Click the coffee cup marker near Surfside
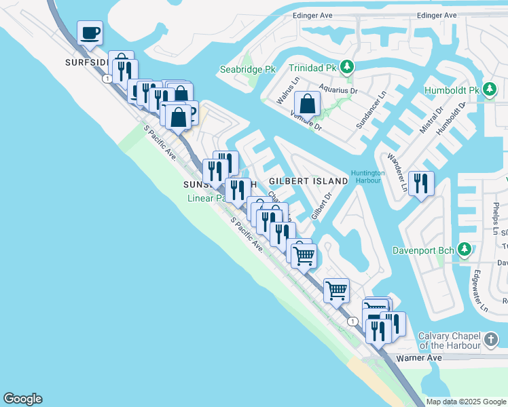[x=90, y=33]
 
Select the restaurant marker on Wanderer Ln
[x=420, y=183]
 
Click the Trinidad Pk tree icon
[x=348, y=66]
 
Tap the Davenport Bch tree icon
[x=465, y=250]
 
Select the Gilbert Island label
[x=303, y=182]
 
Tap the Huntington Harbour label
[x=368, y=177]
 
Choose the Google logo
[x=22, y=399]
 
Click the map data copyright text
[x=465, y=402]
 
